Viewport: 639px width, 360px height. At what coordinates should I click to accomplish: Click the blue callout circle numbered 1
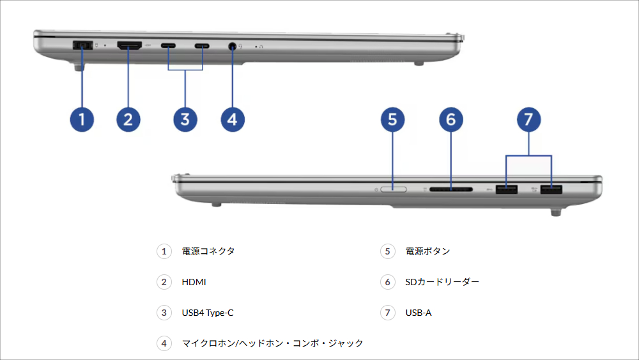(82, 119)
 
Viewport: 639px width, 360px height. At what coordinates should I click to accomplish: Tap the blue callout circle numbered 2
(128, 119)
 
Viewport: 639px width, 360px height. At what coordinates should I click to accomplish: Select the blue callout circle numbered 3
(185, 119)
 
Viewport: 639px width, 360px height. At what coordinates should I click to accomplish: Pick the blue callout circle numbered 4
(233, 119)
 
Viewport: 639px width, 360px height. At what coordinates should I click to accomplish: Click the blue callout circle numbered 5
(393, 119)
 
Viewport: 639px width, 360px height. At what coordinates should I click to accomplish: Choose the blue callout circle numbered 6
(451, 119)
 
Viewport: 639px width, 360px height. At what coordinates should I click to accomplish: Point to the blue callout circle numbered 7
(528, 119)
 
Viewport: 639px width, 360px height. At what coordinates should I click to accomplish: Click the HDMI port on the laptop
(130, 45)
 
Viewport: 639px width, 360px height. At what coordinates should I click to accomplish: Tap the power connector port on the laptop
(82, 45)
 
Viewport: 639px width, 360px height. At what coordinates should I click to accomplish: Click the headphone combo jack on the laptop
(232, 46)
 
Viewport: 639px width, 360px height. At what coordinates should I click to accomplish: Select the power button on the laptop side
(392, 189)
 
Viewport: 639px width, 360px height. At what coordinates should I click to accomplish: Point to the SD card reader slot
(451, 189)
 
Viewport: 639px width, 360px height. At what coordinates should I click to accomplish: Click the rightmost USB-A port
(550, 189)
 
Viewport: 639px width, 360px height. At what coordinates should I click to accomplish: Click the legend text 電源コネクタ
(208, 251)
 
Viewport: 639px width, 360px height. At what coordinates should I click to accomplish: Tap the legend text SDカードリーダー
(442, 282)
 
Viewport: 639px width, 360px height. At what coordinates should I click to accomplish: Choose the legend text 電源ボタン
(427, 251)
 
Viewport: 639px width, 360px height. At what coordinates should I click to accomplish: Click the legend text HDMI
(194, 282)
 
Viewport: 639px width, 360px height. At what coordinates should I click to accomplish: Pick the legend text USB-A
(419, 313)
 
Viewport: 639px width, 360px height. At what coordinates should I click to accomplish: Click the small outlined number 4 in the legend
(164, 343)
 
